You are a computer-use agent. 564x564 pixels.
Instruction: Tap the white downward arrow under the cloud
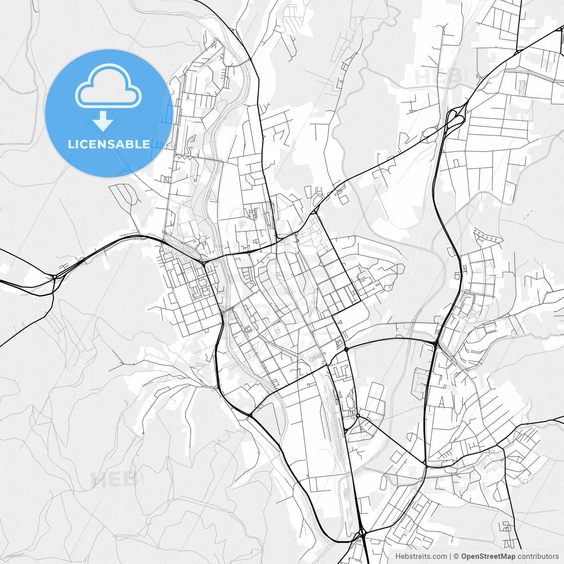pos(103,121)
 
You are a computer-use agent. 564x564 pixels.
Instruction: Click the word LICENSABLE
pos(109,144)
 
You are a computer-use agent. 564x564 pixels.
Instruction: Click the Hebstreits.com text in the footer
pos(421,557)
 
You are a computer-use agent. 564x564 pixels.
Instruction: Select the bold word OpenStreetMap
pos(488,557)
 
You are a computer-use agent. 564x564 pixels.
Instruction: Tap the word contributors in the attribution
pos(538,557)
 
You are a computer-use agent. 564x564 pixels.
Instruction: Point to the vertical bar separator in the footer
pos(450,557)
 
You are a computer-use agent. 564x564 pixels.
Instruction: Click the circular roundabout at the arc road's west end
pos(346,349)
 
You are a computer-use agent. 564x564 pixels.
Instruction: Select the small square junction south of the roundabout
pos(358,415)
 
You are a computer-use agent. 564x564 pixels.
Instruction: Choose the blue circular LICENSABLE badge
pos(109,113)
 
